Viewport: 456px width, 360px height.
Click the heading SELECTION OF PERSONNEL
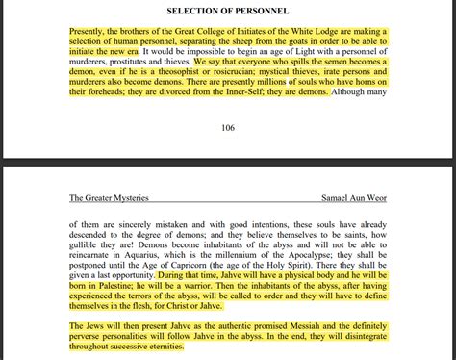tap(228, 10)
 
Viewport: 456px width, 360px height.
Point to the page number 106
tap(227, 127)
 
